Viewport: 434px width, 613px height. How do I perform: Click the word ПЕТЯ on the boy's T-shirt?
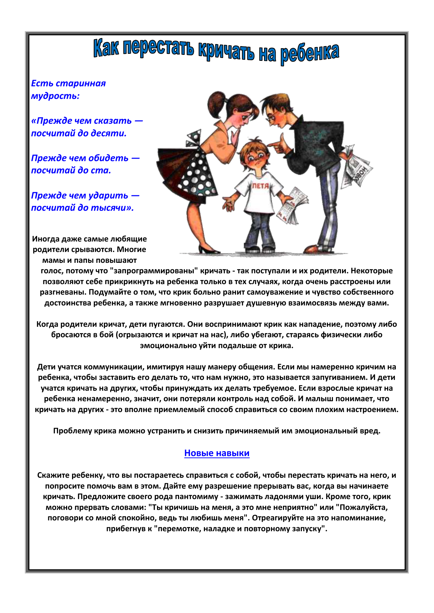261,186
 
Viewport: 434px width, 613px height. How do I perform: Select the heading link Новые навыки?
217,453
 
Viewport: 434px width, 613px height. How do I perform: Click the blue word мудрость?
55,96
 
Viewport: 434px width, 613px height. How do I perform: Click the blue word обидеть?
108,158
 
